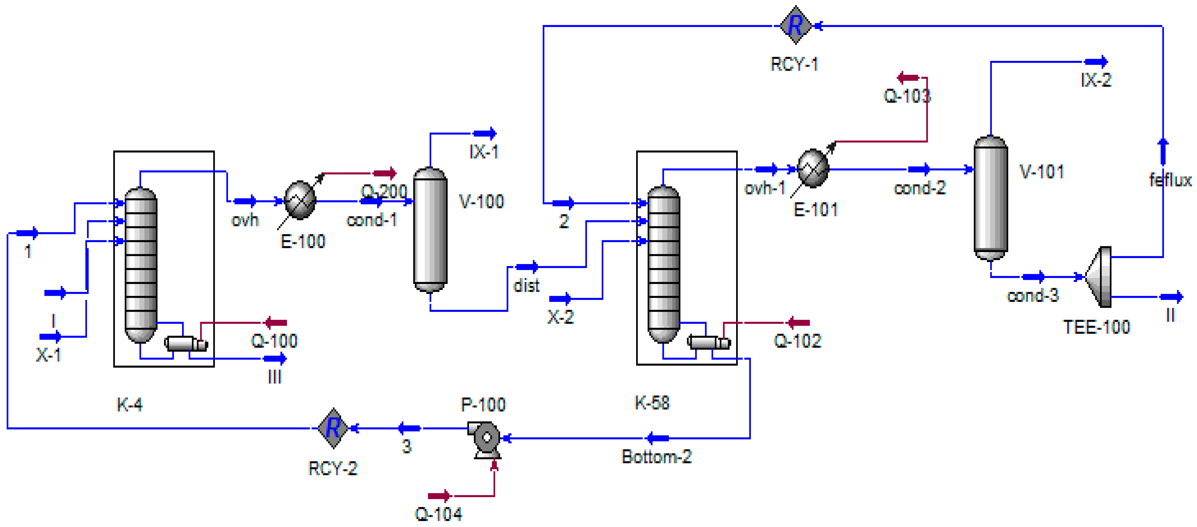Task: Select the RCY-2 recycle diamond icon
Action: tap(333, 428)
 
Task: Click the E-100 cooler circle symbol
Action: tap(300, 201)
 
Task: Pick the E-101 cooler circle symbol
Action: tap(813, 168)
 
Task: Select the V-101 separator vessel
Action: tap(991, 198)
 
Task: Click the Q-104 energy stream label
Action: tap(438, 514)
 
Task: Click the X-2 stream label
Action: tap(560, 317)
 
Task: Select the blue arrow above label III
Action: tap(275, 359)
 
